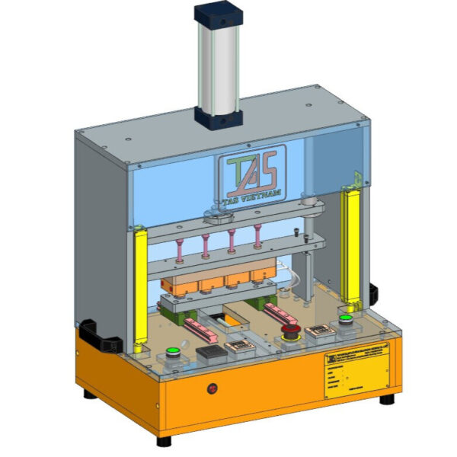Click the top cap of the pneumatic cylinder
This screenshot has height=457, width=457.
pyautogui.click(x=220, y=13)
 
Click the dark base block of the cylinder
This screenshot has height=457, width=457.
pyautogui.click(x=219, y=116)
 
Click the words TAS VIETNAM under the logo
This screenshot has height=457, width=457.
pyautogui.click(x=255, y=195)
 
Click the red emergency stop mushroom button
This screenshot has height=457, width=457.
pyautogui.click(x=291, y=331)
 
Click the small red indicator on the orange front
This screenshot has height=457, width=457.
pyautogui.click(x=213, y=389)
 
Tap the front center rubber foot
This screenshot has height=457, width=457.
pyautogui.click(x=164, y=440)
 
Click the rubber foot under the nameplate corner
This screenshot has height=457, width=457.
pyautogui.click(x=388, y=398)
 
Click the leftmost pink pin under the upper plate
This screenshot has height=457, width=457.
pyautogui.click(x=181, y=248)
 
